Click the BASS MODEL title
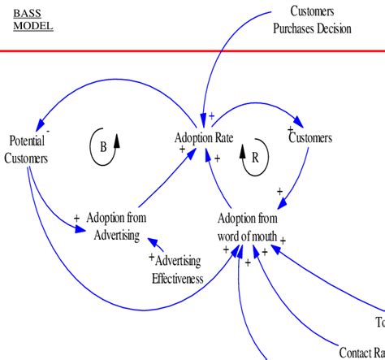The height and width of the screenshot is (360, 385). click(32, 20)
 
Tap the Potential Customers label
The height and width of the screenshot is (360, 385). click(26, 149)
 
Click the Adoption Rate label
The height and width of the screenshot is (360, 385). click(204, 138)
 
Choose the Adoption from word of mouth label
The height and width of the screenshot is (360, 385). click(248, 228)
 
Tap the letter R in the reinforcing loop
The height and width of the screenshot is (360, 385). click(254, 159)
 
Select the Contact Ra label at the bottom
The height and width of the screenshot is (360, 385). click(361, 353)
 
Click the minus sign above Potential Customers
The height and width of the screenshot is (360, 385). click(48, 129)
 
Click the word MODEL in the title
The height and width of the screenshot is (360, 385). click(33, 26)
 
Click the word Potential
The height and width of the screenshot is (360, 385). click(26, 141)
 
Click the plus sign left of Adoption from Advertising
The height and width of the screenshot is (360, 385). click(76, 218)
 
